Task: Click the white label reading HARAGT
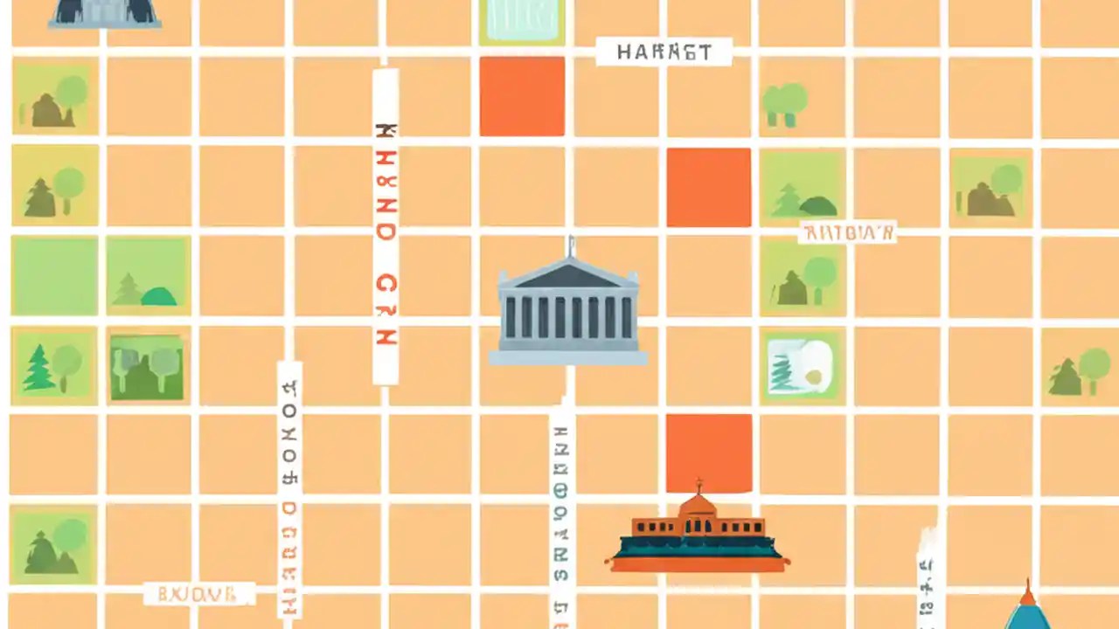click(664, 52)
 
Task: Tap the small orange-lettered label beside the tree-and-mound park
click(847, 232)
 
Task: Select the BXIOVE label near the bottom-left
click(198, 595)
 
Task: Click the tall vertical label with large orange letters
click(386, 227)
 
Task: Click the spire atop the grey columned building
click(570, 246)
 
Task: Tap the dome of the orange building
click(698, 504)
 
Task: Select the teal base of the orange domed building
click(697, 548)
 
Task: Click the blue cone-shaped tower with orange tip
click(1028, 612)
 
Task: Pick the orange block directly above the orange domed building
click(708, 453)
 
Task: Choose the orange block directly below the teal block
click(522, 97)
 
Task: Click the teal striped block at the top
click(522, 19)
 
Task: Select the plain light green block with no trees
click(54, 276)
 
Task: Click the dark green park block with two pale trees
click(147, 367)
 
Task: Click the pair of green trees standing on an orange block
click(784, 104)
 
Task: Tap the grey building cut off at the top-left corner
click(105, 12)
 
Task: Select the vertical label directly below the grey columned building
click(562, 515)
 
